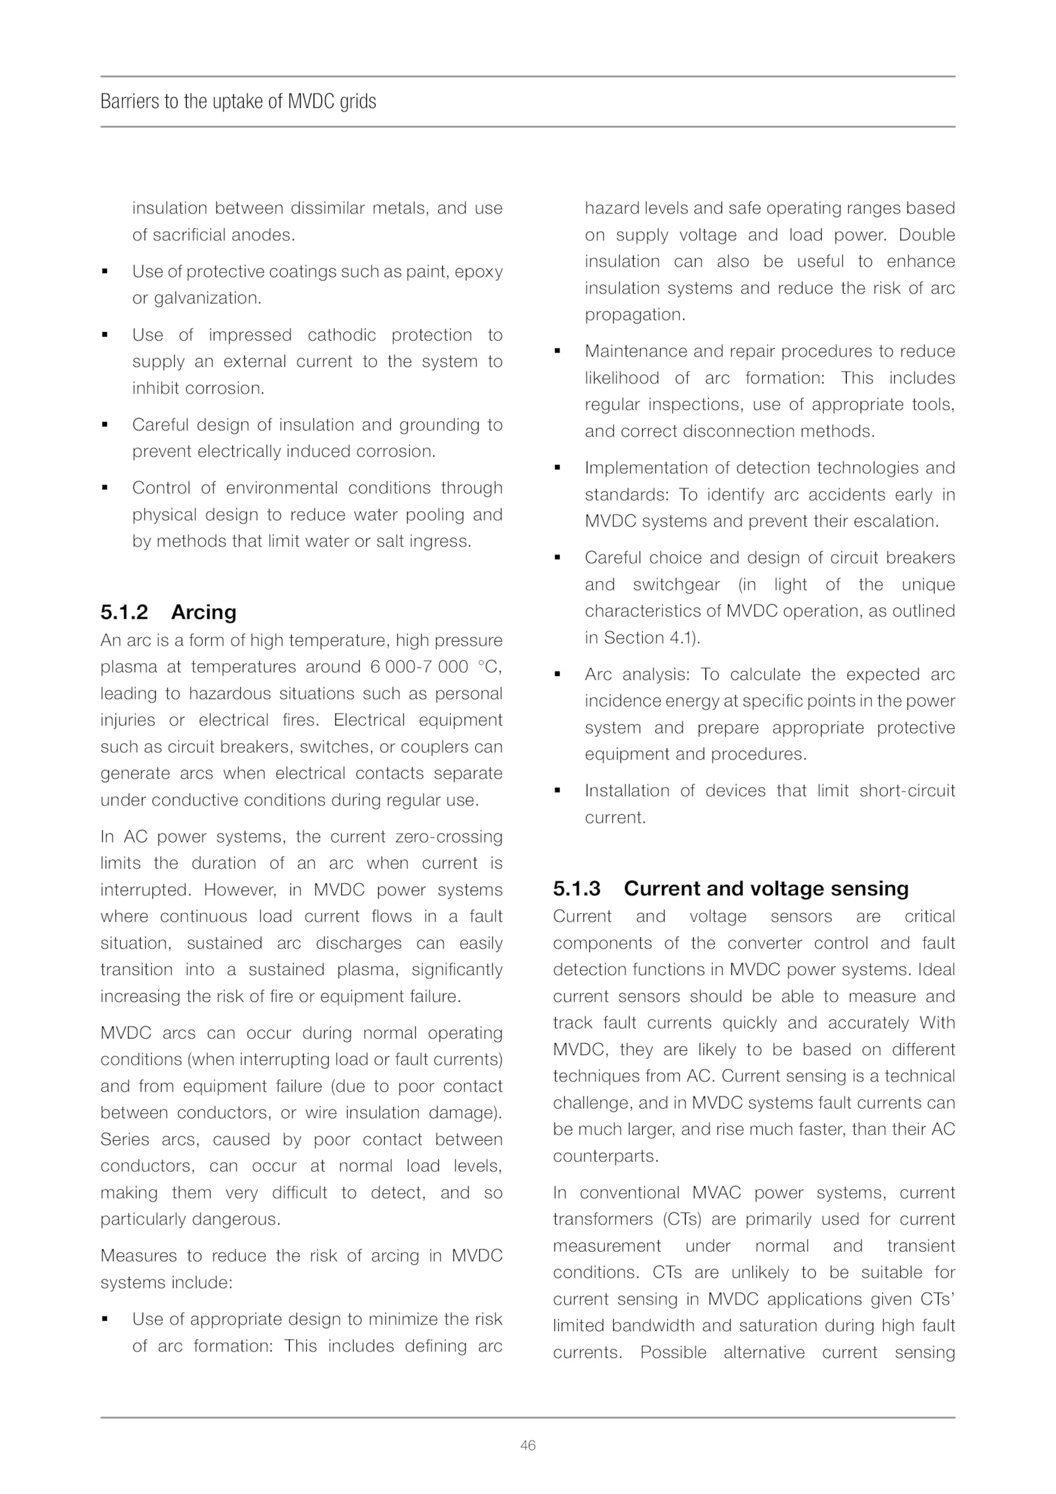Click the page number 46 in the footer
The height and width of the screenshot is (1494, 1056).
tap(527, 1445)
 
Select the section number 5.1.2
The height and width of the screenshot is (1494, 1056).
tap(124, 612)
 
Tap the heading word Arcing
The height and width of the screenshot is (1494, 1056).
tap(203, 612)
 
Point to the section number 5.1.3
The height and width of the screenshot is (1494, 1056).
tap(577, 889)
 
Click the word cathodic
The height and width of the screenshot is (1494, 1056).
tap(341, 335)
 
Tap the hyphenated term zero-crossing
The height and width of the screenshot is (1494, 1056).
tap(449, 836)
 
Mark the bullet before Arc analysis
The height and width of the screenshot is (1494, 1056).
tap(558, 675)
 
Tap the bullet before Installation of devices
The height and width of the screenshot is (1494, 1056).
tap(558, 791)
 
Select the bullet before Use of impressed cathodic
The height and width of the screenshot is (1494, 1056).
tap(105, 335)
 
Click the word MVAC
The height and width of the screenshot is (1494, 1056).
tap(716, 1193)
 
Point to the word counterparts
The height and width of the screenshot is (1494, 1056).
tap(605, 1156)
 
